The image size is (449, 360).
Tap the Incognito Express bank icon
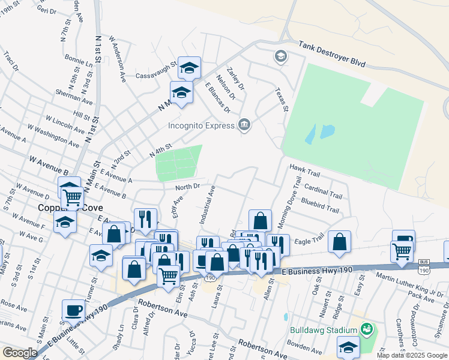(x=244, y=125)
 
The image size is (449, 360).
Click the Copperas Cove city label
(x=66, y=208)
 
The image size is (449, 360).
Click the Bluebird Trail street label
(x=320, y=206)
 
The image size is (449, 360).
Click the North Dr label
(x=187, y=187)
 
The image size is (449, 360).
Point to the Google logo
(x=20, y=353)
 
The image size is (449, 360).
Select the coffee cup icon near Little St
(x=74, y=311)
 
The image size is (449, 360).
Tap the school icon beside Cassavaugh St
(x=189, y=68)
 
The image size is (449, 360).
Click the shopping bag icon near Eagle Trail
(x=340, y=242)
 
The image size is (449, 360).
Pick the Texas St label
(x=282, y=100)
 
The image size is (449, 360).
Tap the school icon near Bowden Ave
(x=348, y=347)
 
